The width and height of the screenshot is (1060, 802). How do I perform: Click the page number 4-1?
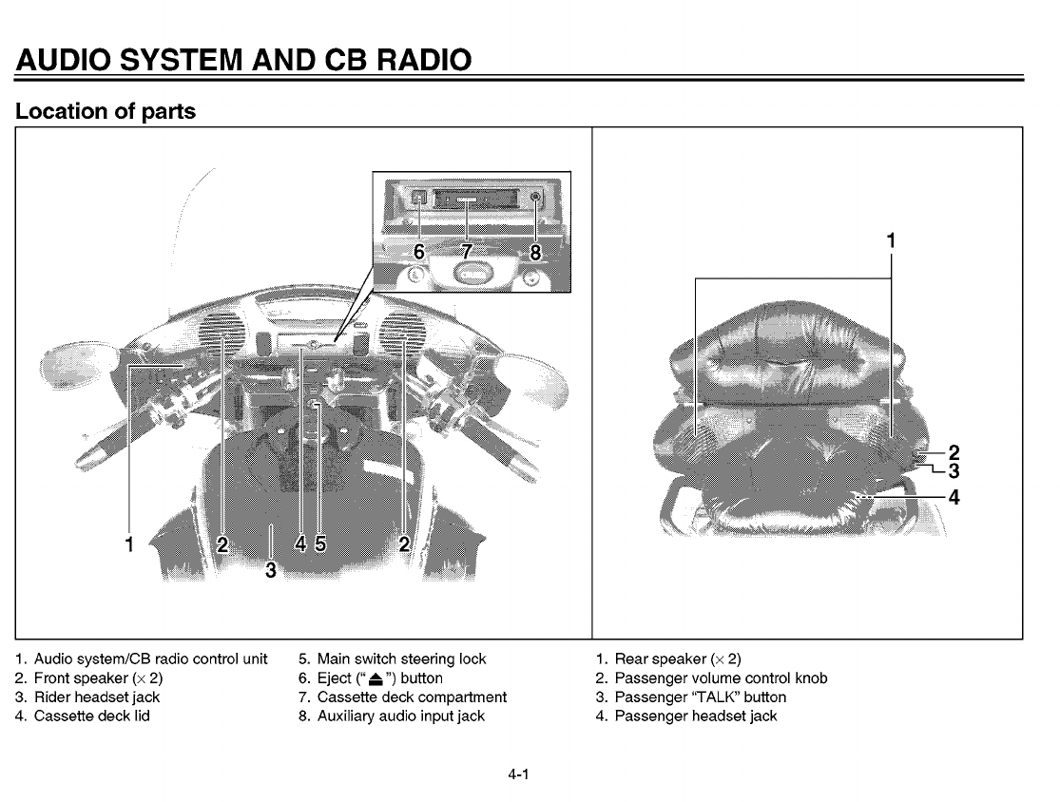(x=517, y=774)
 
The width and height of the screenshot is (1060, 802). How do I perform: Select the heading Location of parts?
(x=106, y=111)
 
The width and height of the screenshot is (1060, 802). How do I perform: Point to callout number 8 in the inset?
(x=535, y=253)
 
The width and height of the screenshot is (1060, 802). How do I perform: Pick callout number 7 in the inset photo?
(x=467, y=253)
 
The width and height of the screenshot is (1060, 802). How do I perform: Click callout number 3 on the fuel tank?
(x=271, y=570)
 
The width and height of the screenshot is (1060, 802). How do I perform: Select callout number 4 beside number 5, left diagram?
(x=300, y=544)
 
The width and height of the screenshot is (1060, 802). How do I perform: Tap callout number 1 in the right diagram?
(x=891, y=241)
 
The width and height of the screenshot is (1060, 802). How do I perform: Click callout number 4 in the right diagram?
(x=954, y=496)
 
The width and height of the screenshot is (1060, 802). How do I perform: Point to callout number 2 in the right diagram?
(x=954, y=452)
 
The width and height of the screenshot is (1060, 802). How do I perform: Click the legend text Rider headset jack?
(x=97, y=697)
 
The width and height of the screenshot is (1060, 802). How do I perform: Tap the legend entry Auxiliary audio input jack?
(x=401, y=716)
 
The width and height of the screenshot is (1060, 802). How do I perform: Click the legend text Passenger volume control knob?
(x=721, y=678)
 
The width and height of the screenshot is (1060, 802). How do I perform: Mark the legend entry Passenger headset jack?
(x=696, y=716)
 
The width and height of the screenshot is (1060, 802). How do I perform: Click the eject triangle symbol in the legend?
(x=380, y=678)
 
